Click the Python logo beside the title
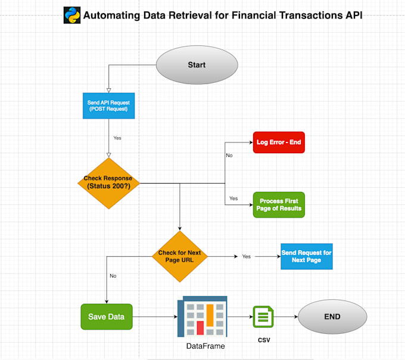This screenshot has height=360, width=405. pyautogui.click(x=72, y=15)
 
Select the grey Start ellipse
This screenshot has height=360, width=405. pyautogui.click(x=197, y=64)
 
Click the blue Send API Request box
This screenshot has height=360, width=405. pyautogui.click(x=108, y=106)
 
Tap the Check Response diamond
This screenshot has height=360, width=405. pyautogui.click(x=108, y=183)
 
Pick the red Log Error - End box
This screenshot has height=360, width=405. pyautogui.click(x=279, y=142)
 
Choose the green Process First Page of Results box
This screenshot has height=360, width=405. pyautogui.click(x=279, y=205)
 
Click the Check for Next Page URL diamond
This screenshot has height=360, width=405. pyautogui.click(x=179, y=256)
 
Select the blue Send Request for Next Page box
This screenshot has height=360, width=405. pyautogui.click(x=306, y=257)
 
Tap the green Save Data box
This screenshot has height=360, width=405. pyautogui.click(x=106, y=316)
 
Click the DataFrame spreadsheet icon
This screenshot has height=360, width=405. pyautogui.click(x=201, y=316)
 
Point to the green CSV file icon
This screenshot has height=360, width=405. pyautogui.click(x=263, y=316)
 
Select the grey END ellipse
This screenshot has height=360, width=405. pyautogui.click(x=332, y=316)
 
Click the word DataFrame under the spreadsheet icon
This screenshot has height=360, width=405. pyautogui.click(x=205, y=346)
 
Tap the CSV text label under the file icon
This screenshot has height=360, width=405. pyautogui.click(x=264, y=340)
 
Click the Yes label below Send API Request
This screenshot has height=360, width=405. pyautogui.click(x=117, y=138)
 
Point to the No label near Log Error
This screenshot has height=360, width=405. pyautogui.click(x=229, y=156)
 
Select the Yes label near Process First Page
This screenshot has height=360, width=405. pyautogui.click(x=233, y=198)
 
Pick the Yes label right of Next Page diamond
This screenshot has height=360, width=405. pyautogui.click(x=246, y=256)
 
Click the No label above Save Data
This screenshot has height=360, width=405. pyautogui.click(x=113, y=276)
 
